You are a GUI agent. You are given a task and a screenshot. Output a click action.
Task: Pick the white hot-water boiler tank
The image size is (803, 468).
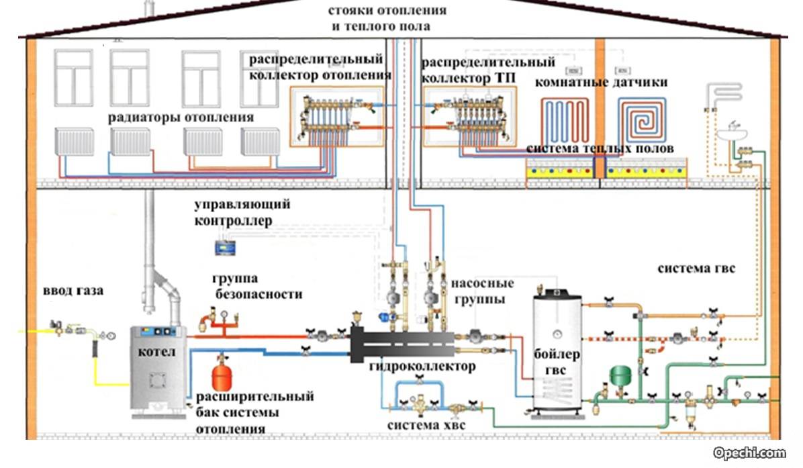(x=557, y=349)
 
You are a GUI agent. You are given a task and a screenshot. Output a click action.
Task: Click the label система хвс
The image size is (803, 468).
(x=426, y=425)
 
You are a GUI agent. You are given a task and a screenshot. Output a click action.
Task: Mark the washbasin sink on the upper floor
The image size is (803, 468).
(x=733, y=134)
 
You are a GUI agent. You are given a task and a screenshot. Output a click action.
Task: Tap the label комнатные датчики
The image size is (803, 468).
(x=601, y=83)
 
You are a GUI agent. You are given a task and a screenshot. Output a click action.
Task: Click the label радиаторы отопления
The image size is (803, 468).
(x=181, y=118)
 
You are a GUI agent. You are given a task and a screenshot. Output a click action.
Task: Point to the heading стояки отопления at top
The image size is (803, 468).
(x=387, y=11)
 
